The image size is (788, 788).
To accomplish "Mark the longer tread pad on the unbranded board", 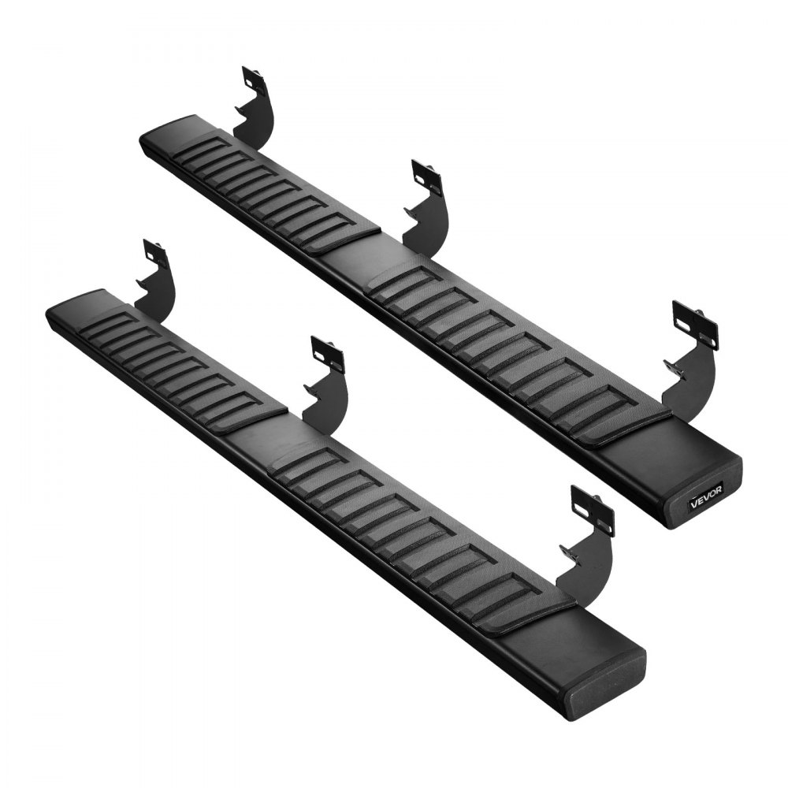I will coord(418,536).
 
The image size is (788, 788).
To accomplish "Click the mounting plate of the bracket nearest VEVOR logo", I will coord(695,323).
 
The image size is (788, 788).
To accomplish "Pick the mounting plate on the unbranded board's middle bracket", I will coord(327,355).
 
